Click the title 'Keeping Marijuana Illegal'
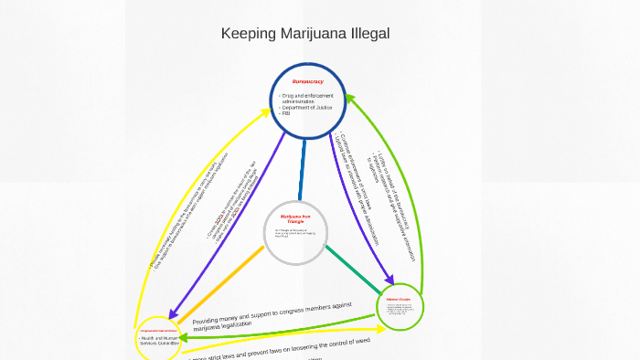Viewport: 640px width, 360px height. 305,34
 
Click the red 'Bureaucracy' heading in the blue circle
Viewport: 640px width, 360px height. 307,82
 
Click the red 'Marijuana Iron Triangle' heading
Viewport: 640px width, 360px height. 296,218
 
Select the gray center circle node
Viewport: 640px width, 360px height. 295,233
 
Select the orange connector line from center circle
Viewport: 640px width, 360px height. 219,284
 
